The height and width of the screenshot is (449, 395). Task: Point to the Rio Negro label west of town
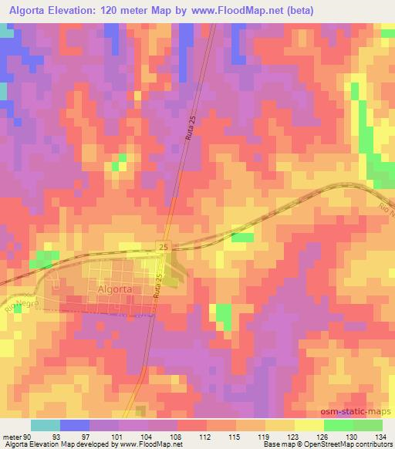[x=22, y=300]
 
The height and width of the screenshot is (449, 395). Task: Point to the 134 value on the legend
[x=382, y=436]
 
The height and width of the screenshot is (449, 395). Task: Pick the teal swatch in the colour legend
[x=46, y=425]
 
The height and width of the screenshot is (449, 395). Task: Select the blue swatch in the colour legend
[x=75, y=425]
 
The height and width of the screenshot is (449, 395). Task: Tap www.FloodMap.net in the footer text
[x=148, y=444]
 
